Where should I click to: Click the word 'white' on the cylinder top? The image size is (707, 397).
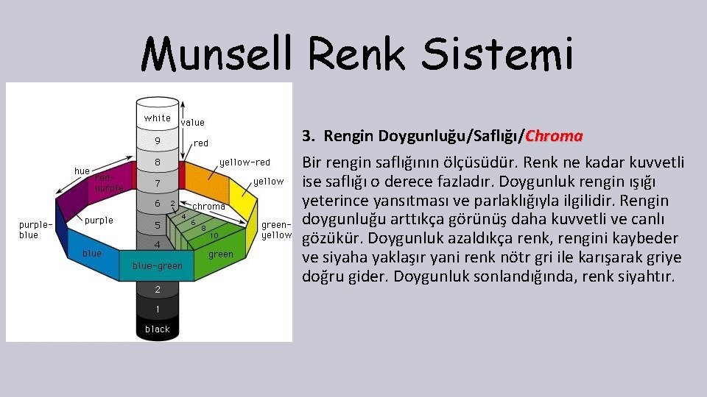click(x=157, y=118)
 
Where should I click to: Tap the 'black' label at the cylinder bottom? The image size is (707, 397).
click(x=157, y=329)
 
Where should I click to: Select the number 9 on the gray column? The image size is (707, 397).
click(x=157, y=140)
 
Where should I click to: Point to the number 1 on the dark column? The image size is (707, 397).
click(x=157, y=308)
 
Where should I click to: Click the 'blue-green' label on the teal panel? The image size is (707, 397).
click(x=157, y=265)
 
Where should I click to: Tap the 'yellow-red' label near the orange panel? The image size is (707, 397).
click(x=245, y=162)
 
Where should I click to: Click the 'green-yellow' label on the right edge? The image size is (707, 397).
click(x=277, y=230)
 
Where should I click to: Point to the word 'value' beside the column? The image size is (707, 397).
click(x=193, y=123)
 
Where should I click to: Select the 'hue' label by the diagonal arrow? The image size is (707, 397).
click(x=82, y=171)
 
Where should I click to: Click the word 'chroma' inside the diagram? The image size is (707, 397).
click(x=208, y=207)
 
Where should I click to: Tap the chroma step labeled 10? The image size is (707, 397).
click(x=214, y=235)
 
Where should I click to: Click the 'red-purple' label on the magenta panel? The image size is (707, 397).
click(x=109, y=182)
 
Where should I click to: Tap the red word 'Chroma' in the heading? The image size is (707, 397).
click(x=555, y=136)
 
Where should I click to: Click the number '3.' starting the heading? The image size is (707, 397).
click(x=309, y=136)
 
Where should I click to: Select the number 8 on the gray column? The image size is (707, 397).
click(x=157, y=162)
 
